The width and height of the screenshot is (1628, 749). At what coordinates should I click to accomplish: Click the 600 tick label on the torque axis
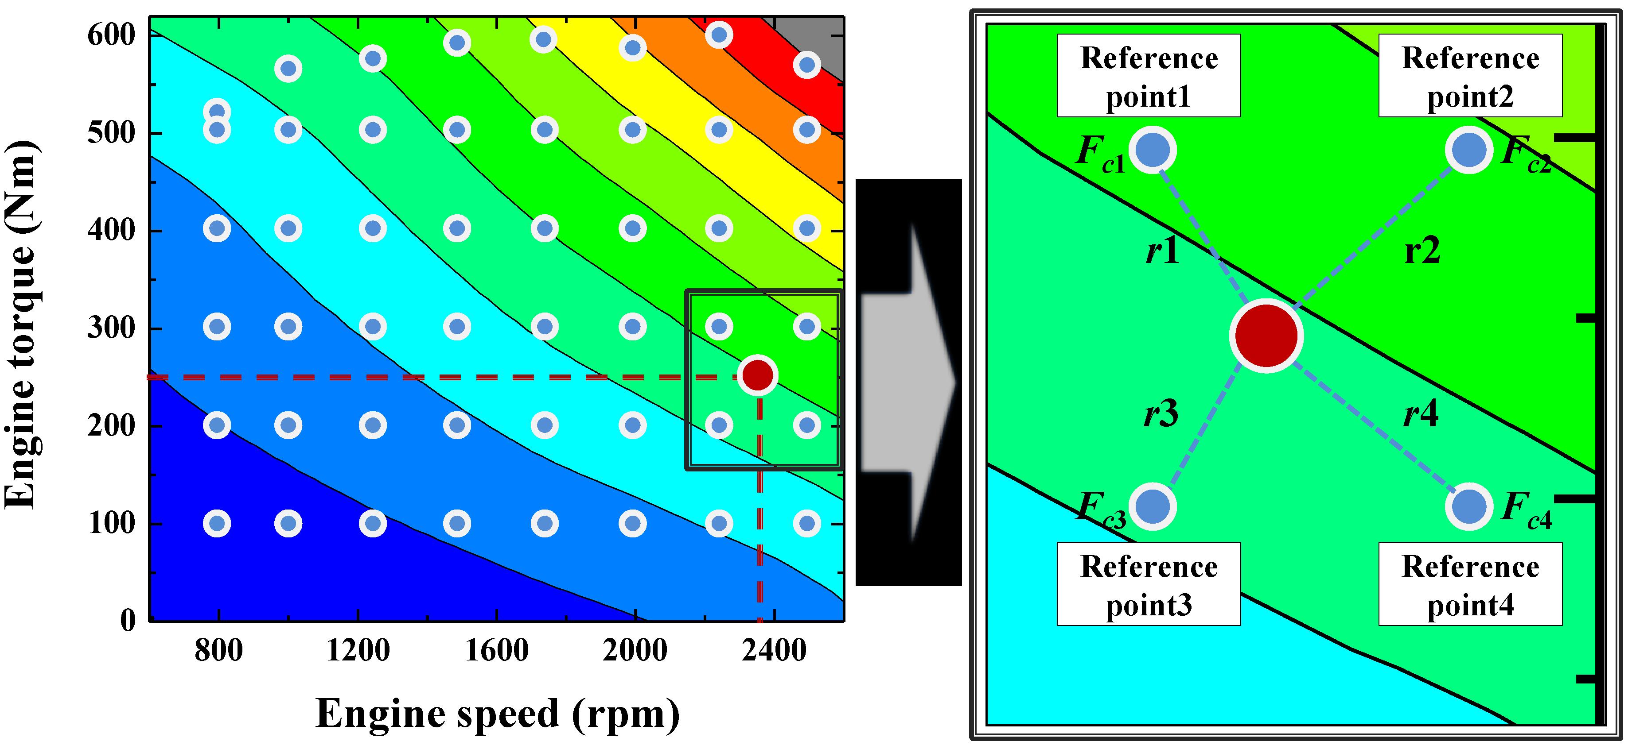point(111,35)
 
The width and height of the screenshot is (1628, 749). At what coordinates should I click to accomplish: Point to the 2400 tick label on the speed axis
point(774,650)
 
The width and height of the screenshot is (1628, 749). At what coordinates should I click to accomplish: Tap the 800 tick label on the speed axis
point(218,650)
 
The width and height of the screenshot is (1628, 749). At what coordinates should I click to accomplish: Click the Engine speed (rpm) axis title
point(497,714)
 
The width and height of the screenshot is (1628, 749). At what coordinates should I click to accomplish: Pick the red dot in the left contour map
point(757,375)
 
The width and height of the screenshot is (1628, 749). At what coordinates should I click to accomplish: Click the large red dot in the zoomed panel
point(1266,336)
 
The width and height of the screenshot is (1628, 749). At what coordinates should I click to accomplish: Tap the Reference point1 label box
point(1148,76)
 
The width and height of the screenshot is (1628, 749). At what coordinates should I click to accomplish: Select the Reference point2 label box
point(1470,76)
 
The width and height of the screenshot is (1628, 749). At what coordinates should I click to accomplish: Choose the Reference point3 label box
point(1148,584)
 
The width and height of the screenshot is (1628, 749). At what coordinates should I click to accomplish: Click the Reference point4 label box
point(1470,584)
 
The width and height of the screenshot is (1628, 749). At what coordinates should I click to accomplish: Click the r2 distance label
point(1422,251)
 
